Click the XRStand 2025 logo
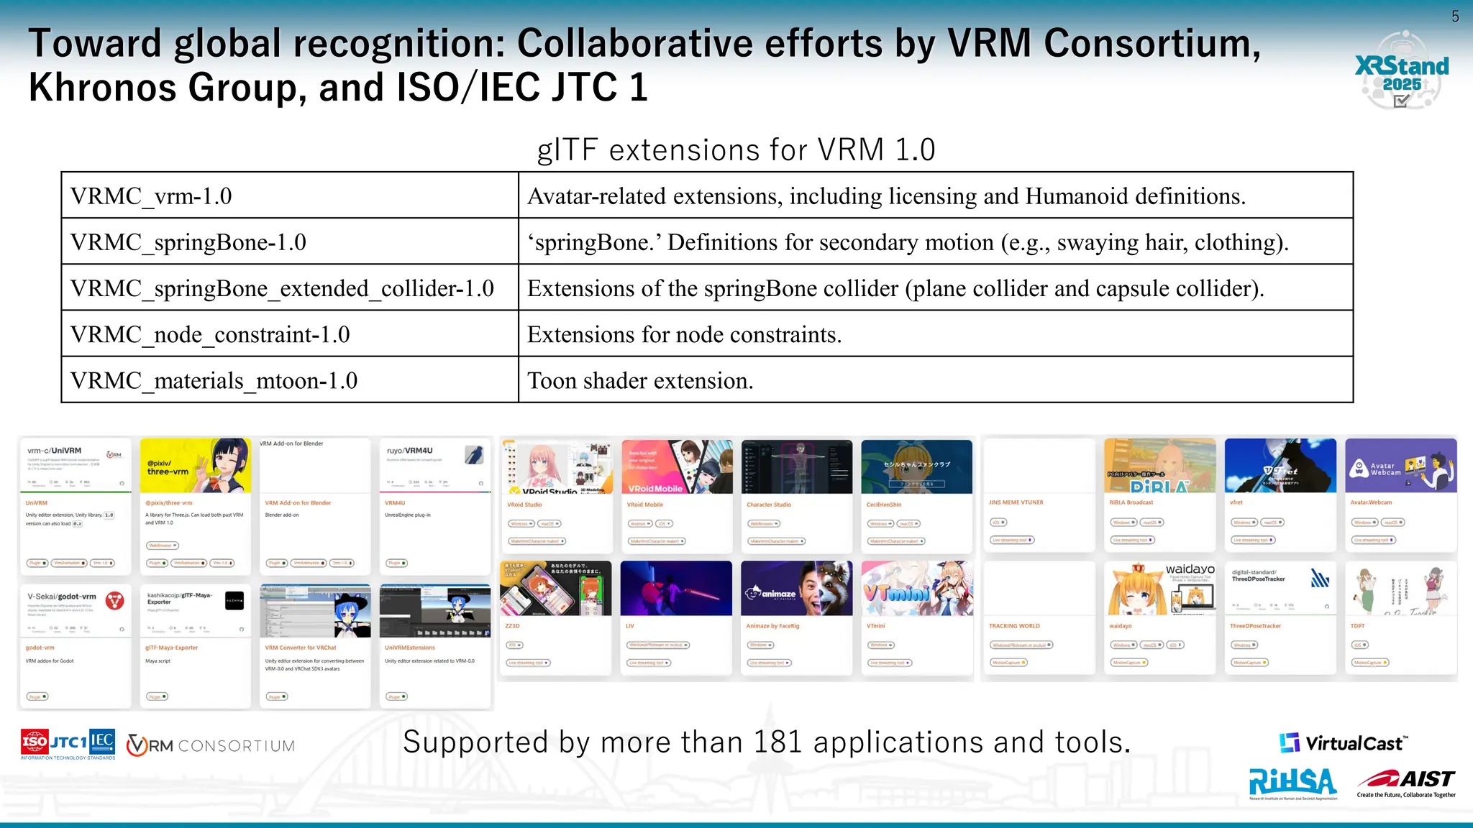[x=1401, y=70]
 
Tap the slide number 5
[x=1455, y=17]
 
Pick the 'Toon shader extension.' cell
[x=935, y=380]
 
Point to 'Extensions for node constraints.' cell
[x=935, y=334]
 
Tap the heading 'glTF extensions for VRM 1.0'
[x=736, y=150]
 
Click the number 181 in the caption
[x=777, y=742]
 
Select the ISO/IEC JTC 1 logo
[x=68, y=745]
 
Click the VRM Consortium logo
[x=211, y=745]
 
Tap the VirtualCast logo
[x=1343, y=743]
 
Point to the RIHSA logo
[x=1292, y=783]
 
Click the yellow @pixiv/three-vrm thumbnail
[x=195, y=465]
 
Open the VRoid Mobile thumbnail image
[x=677, y=466]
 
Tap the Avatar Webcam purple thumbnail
[x=1400, y=466]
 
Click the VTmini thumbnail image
[x=916, y=588]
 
